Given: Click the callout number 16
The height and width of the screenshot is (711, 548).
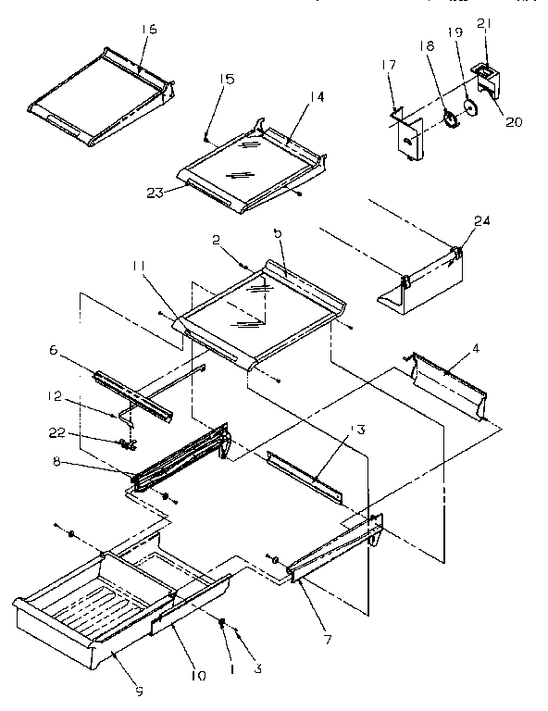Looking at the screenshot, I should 150,30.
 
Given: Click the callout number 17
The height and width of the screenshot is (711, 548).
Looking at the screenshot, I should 388,64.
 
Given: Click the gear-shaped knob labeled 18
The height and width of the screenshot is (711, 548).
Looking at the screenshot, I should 451,120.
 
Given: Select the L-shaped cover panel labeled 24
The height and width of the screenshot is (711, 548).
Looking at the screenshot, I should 421,282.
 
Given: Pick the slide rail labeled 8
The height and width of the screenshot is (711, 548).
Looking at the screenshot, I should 181,458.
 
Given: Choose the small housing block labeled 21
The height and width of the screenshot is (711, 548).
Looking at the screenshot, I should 488,79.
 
